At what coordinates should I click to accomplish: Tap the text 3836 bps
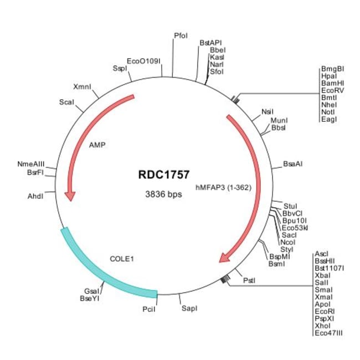click(x=162, y=194)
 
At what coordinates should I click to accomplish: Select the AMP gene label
click(x=97, y=146)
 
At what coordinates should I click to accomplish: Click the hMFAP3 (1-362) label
click(x=224, y=188)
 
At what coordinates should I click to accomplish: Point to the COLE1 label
click(x=122, y=259)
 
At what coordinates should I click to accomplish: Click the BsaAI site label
click(x=292, y=164)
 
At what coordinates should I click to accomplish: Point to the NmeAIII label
click(x=31, y=164)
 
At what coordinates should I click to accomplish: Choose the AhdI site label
click(x=35, y=196)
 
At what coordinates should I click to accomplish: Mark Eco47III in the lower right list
click(x=331, y=333)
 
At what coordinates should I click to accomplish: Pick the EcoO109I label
click(x=143, y=61)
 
